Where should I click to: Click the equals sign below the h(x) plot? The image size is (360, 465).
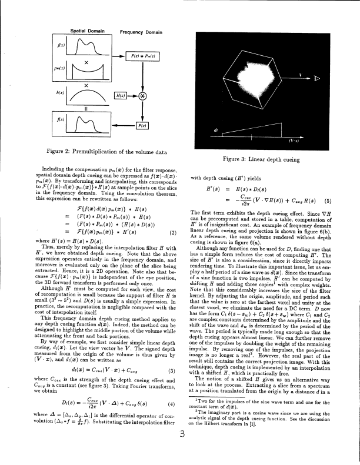click(x=86, y=108)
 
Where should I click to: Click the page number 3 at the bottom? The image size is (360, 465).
click(x=183, y=451)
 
